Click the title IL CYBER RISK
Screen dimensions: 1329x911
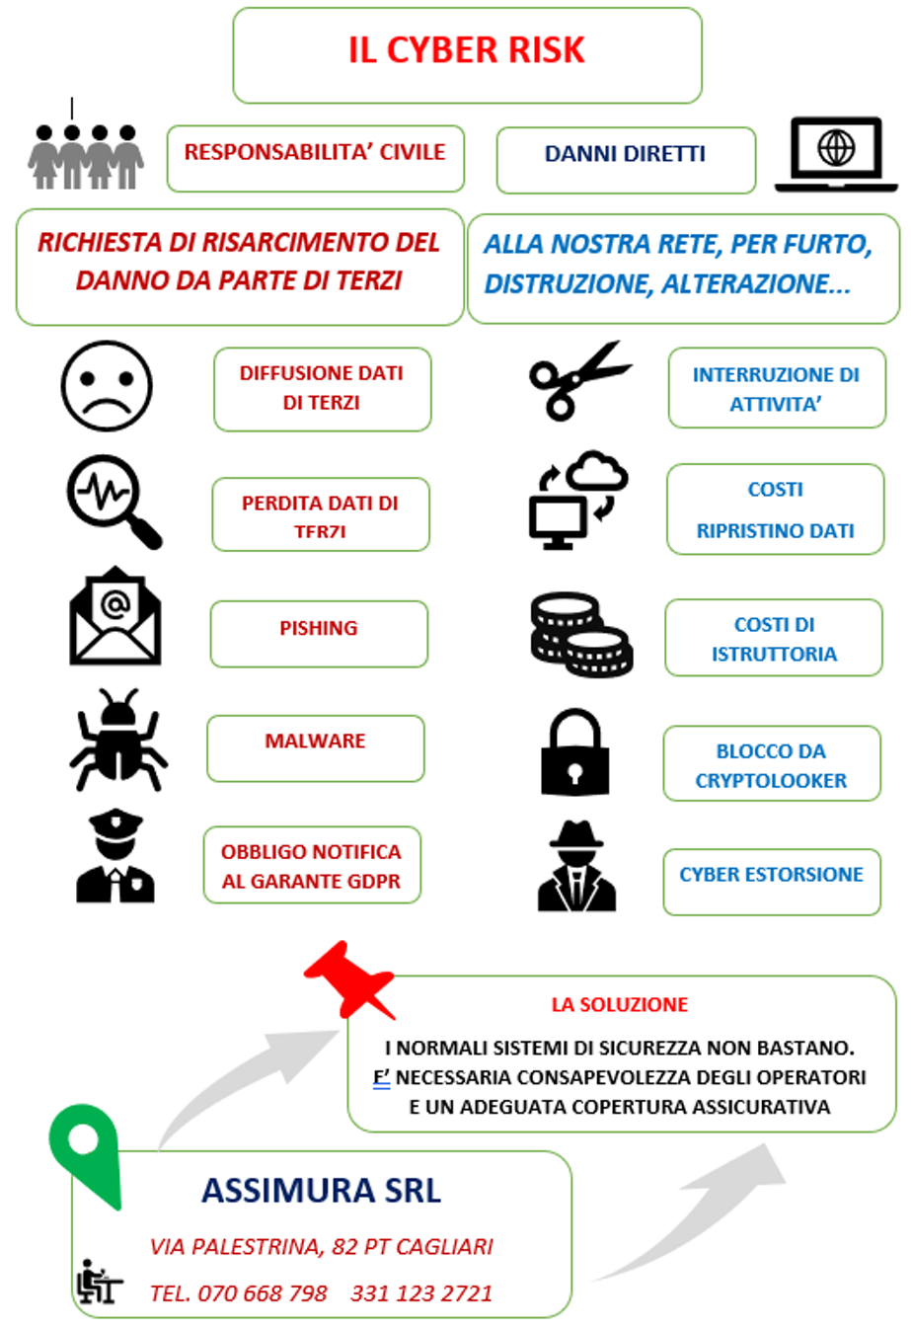[x=467, y=50]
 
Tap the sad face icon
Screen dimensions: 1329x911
[x=107, y=386]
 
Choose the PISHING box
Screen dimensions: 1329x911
[x=319, y=630]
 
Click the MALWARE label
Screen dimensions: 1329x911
[x=315, y=742]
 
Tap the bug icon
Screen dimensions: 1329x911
[x=118, y=740]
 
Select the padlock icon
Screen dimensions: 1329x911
[x=575, y=752]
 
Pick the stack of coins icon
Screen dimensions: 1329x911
[x=581, y=634]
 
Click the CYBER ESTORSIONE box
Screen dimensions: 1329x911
[x=771, y=876]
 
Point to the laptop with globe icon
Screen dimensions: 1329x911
[x=836, y=154]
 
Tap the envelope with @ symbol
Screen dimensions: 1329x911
[x=114, y=616]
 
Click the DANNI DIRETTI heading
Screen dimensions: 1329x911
[x=625, y=155]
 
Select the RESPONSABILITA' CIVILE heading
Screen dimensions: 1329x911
[x=315, y=153]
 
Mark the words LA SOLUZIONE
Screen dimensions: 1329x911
[x=620, y=1005]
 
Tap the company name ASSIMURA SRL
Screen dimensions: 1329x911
[x=321, y=1191]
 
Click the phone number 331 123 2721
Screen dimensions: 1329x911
[x=421, y=1293]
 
